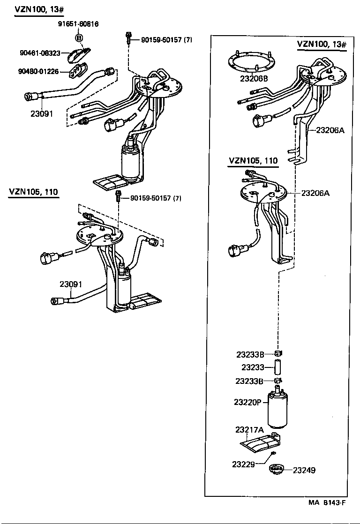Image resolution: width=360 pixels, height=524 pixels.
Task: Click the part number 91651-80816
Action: tap(78, 24)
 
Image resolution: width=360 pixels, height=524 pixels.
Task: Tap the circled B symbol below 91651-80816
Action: tap(79, 37)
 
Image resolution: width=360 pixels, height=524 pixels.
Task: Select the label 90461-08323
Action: tap(40, 53)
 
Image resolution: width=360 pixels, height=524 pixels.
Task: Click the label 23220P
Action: tap(247, 402)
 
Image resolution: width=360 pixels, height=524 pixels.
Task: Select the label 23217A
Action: tap(249, 429)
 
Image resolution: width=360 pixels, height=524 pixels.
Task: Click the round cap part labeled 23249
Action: tap(277, 469)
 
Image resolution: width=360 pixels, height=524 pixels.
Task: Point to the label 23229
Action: tap(243, 464)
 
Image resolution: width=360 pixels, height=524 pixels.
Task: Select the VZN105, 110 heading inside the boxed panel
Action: tap(253, 161)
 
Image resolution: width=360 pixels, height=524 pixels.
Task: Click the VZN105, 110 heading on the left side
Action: tap(34, 192)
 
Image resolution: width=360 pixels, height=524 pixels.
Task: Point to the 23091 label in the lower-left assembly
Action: tap(71, 284)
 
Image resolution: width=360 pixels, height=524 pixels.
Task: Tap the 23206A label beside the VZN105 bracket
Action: tap(315, 193)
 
